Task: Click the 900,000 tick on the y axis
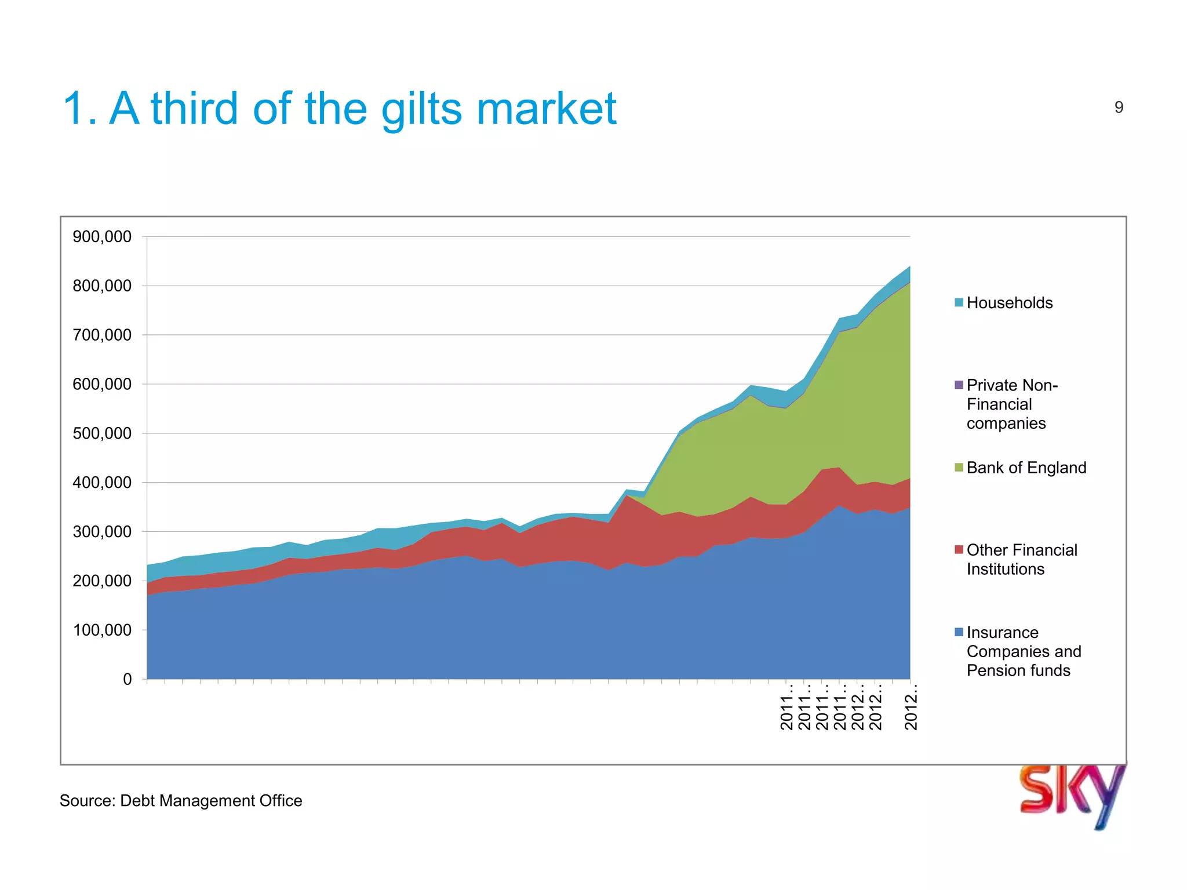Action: click(x=102, y=236)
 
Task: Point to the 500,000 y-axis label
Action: click(x=102, y=433)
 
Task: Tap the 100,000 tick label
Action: click(x=102, y=630)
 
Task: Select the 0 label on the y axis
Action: click(x=127, y=679)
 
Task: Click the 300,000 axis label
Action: click(x=102, y=531)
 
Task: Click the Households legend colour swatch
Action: click(x=959, y=302)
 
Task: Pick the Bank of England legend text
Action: click(x=1026, y=468)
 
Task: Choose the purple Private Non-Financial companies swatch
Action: click(x=959, y=385)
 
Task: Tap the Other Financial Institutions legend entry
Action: click(x=1021, y=559)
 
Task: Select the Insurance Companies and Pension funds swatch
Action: click(x=959, y=632)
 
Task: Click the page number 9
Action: click(x=1119, y=107)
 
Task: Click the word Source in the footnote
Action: click(x=87, y=801)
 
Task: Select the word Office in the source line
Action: click(x=281, y=801)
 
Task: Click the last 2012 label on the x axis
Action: click(x=911, y=708)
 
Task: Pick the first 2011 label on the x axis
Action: click(x=787, y=708)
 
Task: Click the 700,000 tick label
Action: click(x=102, y=335)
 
